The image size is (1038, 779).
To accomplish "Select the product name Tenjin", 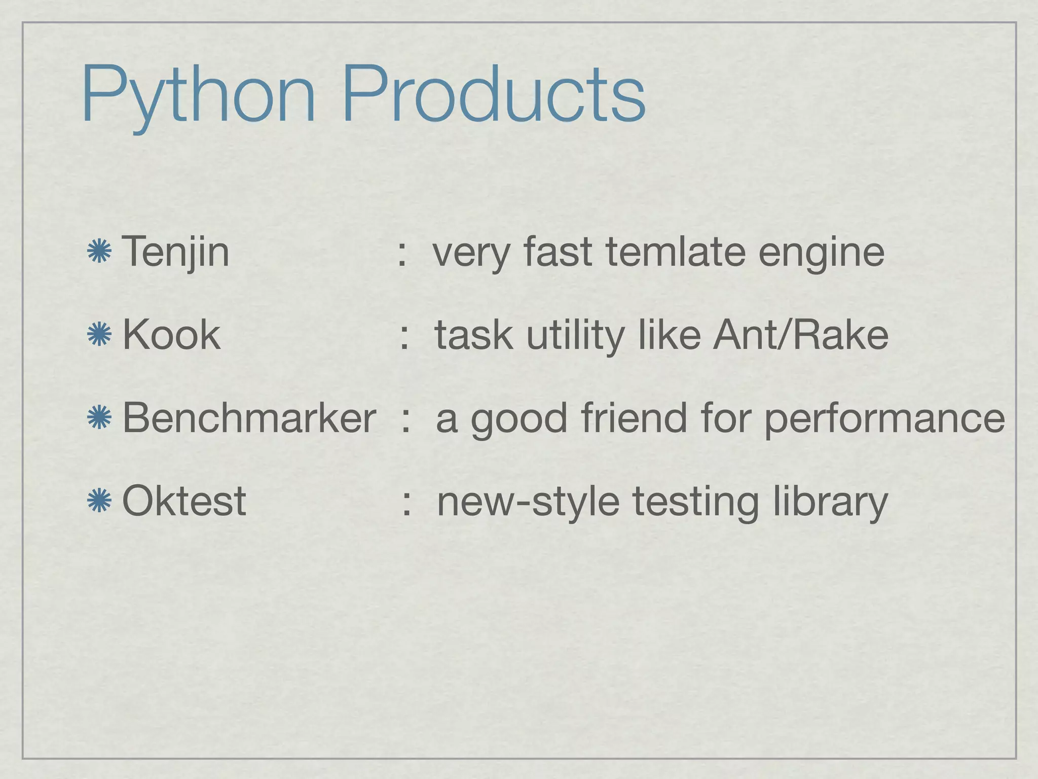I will pos(175,252).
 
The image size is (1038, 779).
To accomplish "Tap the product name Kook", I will pos(171,335).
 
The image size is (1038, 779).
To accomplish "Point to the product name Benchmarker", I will pos(249,418).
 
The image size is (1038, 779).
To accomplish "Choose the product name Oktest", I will pos(184,501).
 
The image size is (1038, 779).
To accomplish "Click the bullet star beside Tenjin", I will pos(99,252).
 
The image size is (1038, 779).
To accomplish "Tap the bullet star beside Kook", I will pos(99,335).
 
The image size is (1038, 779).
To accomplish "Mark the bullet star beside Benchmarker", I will pos(99,418).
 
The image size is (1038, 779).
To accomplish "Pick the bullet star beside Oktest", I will pos(99,501).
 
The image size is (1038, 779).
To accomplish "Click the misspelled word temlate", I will pos(675,252).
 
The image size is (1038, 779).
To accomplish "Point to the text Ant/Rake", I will pos(800,335).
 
